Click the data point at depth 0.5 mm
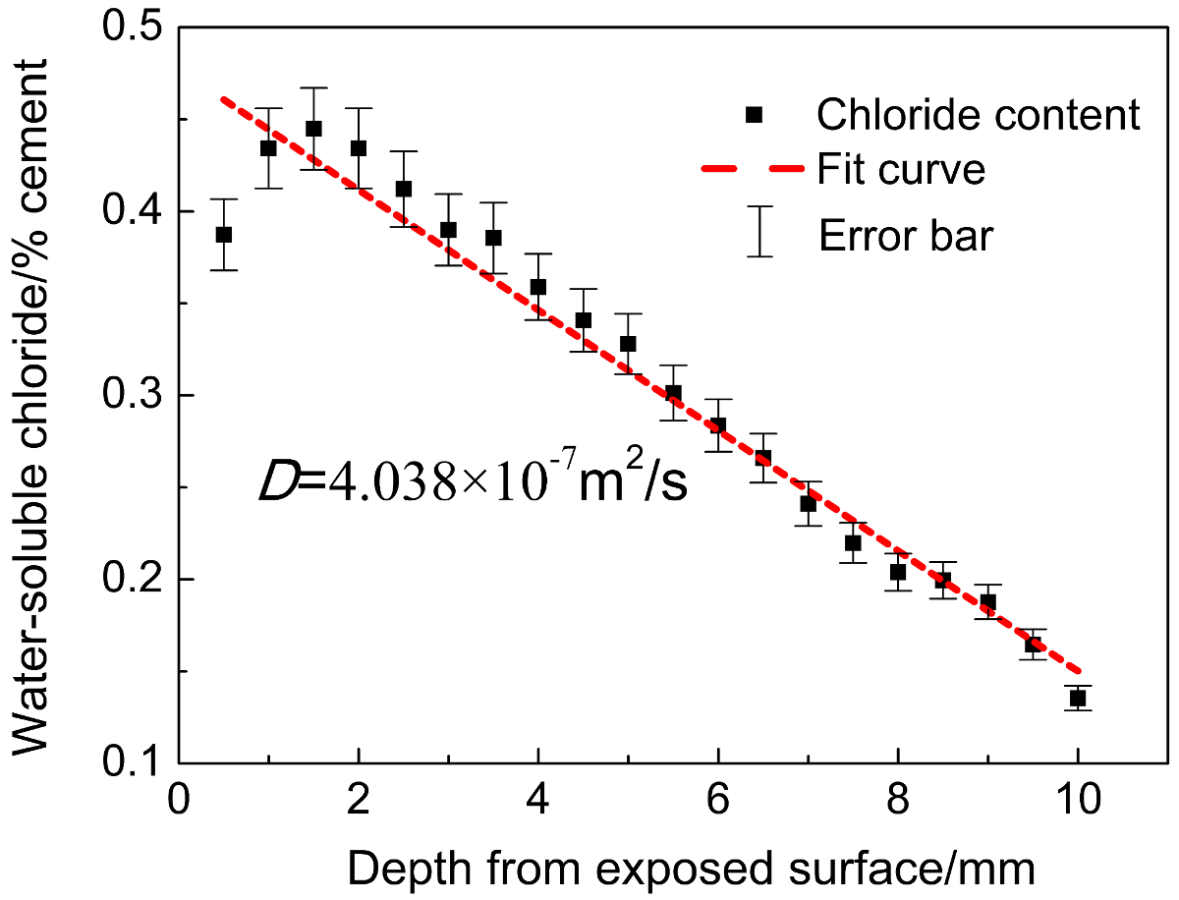tap(224, 235)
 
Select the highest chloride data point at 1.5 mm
tap(313, 129)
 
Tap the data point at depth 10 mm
tap(1078, 699)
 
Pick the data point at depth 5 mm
tap(628, 344)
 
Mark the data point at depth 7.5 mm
tap(853, 543)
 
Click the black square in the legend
tap(754, 115)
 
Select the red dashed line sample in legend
tap(754, 169)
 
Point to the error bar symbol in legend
tap(759, 231)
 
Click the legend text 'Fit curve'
tap(901, 169)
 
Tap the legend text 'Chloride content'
tap(978, 115)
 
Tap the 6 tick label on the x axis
tap(718, 796)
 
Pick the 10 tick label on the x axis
tap(1078, 796)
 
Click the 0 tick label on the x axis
tap(178, 796)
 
